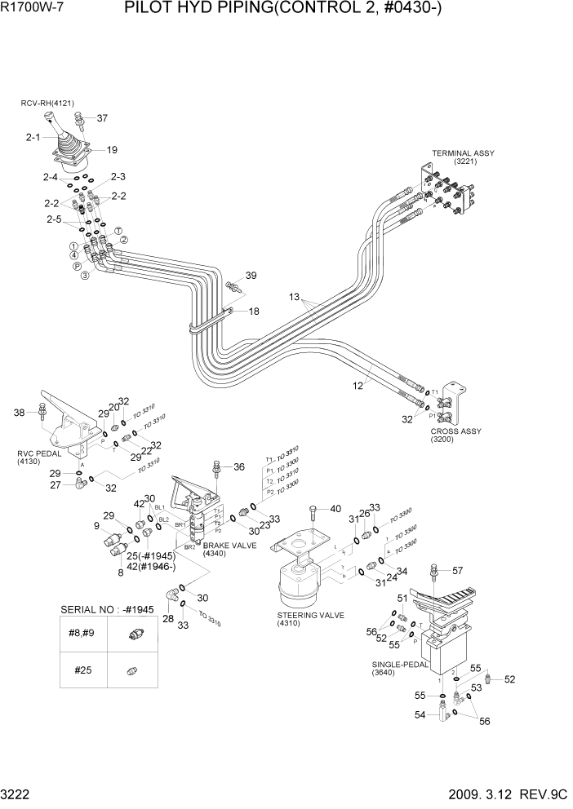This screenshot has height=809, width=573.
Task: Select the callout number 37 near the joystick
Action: (x=102, y=118)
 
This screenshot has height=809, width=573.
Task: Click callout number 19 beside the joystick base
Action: (x=112, y=150)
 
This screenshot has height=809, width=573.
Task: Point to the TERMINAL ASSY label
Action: (x=463, y=153)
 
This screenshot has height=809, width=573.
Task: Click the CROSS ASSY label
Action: (x=455, y=431)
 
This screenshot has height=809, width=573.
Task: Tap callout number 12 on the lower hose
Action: (x=358, y=387)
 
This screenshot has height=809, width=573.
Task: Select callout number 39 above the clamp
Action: (x=251, y=276)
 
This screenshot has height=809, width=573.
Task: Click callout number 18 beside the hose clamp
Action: (x=254, y=312)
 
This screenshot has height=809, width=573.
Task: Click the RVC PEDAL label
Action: (x=33, y=453)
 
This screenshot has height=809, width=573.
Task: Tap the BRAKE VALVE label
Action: (x=223, y=544)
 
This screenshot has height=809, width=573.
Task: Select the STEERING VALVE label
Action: (x=310, y=615)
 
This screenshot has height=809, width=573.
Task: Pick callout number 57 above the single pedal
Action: (x=457, y=570)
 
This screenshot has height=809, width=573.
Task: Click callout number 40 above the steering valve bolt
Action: (x=335, y=509)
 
